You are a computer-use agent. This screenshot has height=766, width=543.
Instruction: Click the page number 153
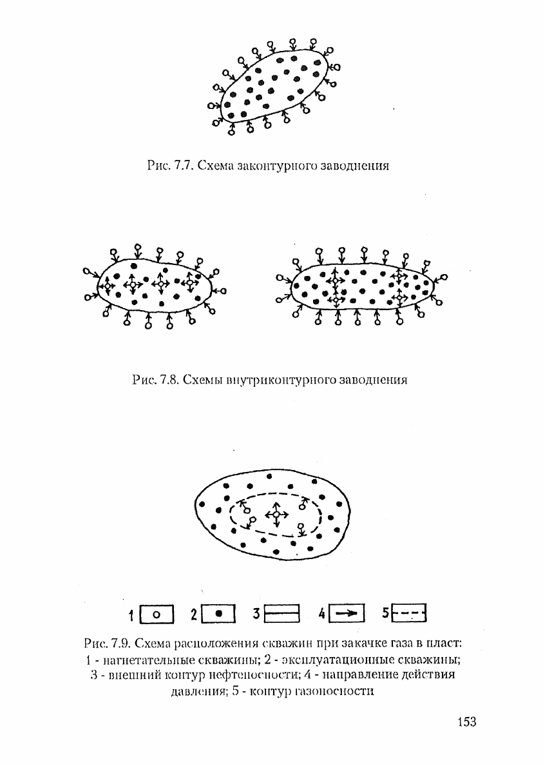(467, 721)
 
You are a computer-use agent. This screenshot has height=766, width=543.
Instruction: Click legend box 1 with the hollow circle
(157, 614)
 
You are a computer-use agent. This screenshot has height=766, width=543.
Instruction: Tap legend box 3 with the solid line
(282, 613)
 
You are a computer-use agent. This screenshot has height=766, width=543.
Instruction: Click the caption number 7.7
(185, 166)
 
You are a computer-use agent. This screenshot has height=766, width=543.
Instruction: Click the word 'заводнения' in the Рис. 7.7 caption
(355, 166)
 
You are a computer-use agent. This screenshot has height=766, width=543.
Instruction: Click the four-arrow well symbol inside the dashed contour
(276, 515)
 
